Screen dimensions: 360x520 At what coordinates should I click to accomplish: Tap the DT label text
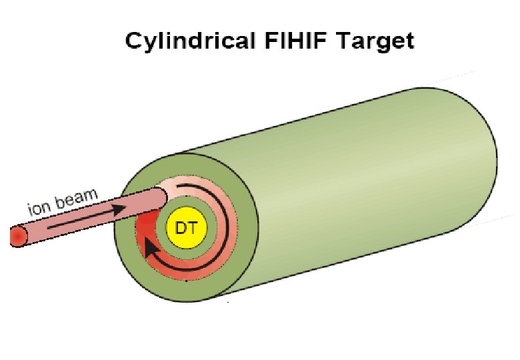(185, 229)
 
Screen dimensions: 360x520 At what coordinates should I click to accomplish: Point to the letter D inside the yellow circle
(180, 229)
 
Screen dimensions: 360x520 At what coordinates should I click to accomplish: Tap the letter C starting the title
(133, 41)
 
